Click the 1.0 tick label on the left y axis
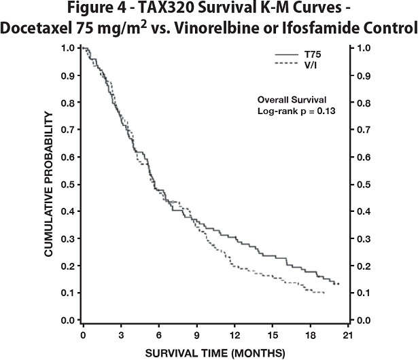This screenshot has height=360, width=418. tap(69, 48)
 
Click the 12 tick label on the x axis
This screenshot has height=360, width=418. tap(236, 335)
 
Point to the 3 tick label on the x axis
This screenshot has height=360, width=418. tap(121, 335)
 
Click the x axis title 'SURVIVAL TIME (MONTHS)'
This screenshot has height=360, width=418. tap(214, 352)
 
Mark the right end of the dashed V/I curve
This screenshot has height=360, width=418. tap(325, 292)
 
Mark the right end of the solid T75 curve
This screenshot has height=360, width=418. tap(339, 283)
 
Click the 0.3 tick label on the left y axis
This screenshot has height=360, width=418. tap(69, 238)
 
